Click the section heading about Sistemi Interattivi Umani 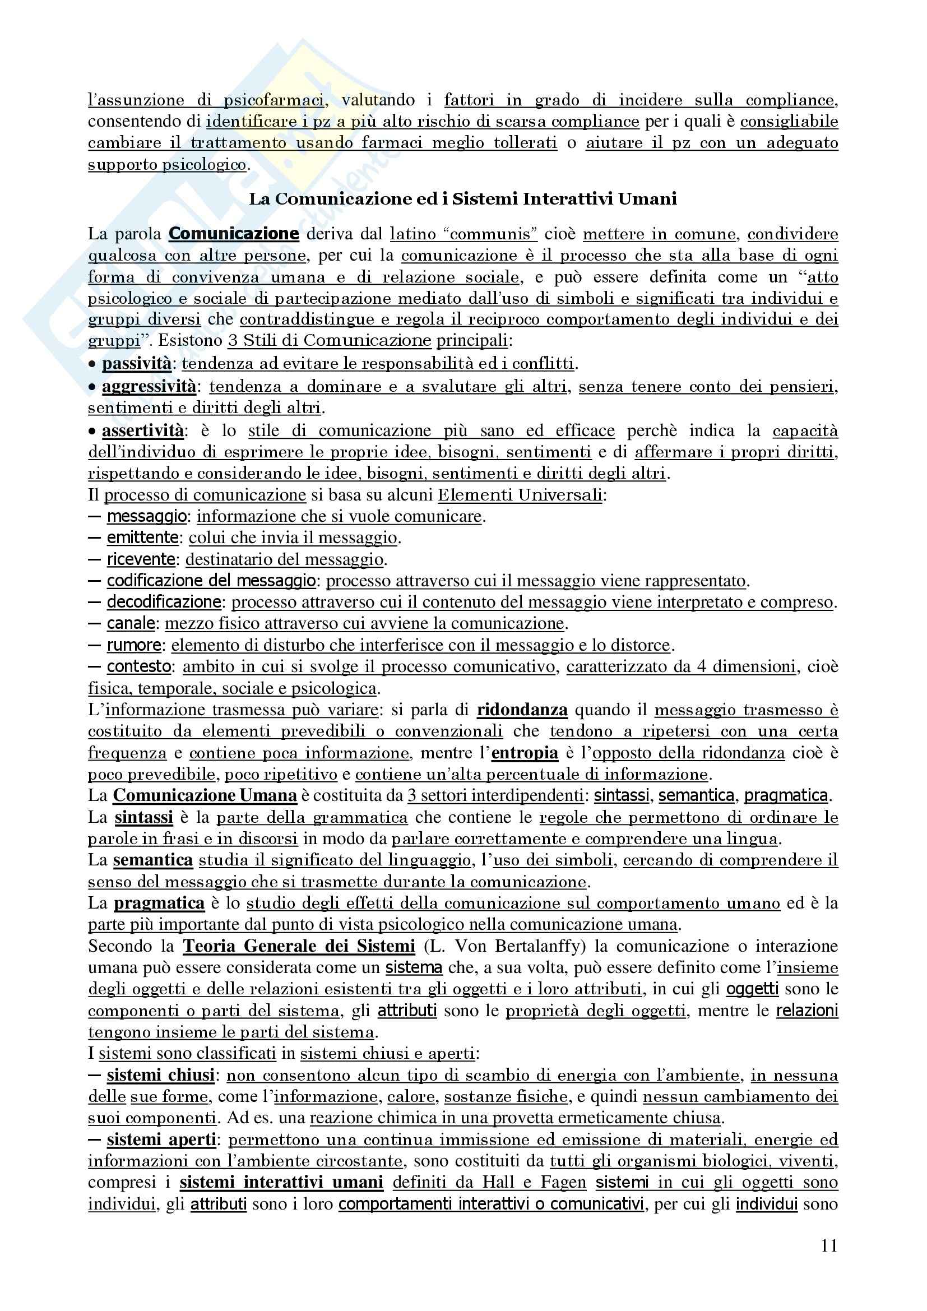(463, 199)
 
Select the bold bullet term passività (136, 363)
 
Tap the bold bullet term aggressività (149, 387)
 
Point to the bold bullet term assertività (143, 430)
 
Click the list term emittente (143, 538)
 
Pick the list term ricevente (141, 559)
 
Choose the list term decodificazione (164, 602)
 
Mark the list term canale (131, 623)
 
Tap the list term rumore (134, 645)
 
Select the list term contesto (138, 666)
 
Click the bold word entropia (525, 753)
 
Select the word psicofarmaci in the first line (274, 100)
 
